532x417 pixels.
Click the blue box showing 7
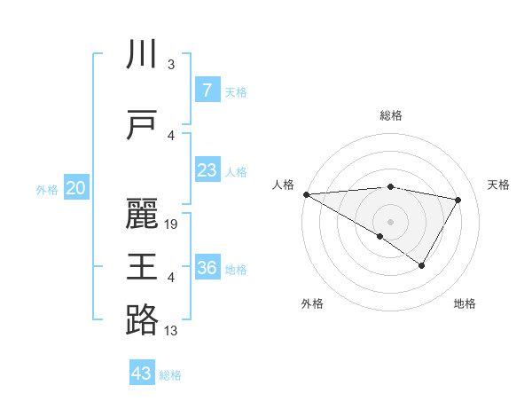(207, 90)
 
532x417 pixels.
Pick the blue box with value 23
(207, 169)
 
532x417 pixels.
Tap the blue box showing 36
(207, 267)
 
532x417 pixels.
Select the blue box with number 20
(76, 187)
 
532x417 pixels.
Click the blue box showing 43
(142, 373)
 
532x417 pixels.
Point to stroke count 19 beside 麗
(172, 224)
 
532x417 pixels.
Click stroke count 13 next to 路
(171, 331)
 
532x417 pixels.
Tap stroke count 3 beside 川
(171, 65)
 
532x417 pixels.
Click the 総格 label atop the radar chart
(390, 115)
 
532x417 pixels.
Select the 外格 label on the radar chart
(312, 304)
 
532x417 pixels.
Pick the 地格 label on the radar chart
(465, 304)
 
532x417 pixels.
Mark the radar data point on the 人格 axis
(306, 193)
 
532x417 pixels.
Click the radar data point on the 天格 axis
(458, 200)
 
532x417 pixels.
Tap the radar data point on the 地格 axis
(422, 265)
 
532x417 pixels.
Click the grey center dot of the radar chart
(390, 220)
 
